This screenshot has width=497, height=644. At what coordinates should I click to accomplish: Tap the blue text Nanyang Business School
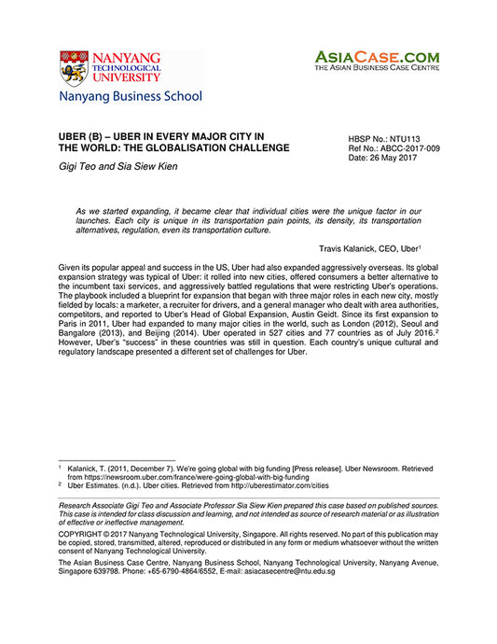coord(131,95)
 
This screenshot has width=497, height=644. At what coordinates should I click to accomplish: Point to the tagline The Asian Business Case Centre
coord(376,68)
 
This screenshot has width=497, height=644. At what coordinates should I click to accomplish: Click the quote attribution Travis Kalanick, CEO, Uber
coord(369,247)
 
